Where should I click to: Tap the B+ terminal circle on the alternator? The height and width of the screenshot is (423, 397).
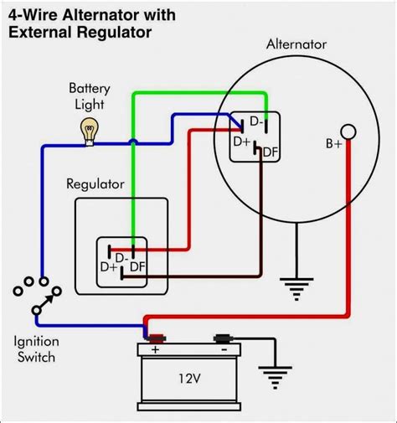[350, 132]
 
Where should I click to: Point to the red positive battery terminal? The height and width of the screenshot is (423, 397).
[155, 338]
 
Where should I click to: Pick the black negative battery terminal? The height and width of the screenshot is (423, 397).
[223, 338]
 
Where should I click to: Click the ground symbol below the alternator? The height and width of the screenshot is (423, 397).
[292, 289]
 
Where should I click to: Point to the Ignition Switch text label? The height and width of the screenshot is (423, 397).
[34, 349]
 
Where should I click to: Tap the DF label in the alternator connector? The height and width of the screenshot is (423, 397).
[270, 152]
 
